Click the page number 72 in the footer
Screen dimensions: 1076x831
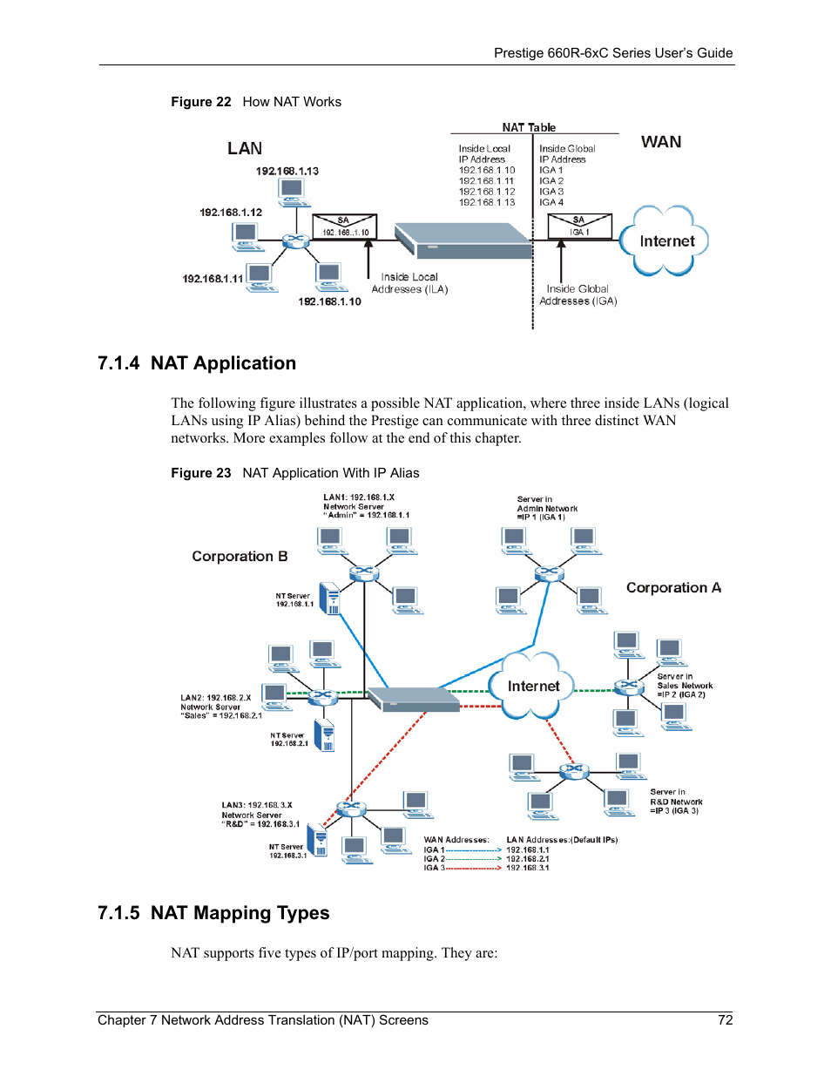pos(725,1019)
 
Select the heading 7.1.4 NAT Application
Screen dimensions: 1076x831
pos(197,363)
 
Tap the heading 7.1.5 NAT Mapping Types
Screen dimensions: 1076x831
pos(213,913)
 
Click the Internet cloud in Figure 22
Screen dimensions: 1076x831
pos(665,241)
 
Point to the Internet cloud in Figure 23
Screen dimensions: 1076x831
pos(533,687)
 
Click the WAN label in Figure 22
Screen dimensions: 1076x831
pos(661,142)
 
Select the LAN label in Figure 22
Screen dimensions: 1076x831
pos(245,149)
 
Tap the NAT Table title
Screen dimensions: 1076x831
pos(529,127)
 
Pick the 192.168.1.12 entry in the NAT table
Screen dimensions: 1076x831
pos(487,192)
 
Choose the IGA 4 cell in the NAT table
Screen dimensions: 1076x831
pos(551,202)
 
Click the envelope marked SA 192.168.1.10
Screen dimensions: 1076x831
pos(345,227)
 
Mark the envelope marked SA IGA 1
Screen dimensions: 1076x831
pos(579,226)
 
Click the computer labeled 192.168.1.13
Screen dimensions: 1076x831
pos(292,190)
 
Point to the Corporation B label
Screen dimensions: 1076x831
pos(240,557)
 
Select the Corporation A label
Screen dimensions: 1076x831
pos(673,588)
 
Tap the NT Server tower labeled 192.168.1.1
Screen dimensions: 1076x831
pos(330,599)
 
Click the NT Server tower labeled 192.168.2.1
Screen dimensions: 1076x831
pos(325,735)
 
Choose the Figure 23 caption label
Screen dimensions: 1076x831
pos(201,473)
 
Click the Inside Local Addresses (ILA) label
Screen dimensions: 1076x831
pos(409,283)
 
